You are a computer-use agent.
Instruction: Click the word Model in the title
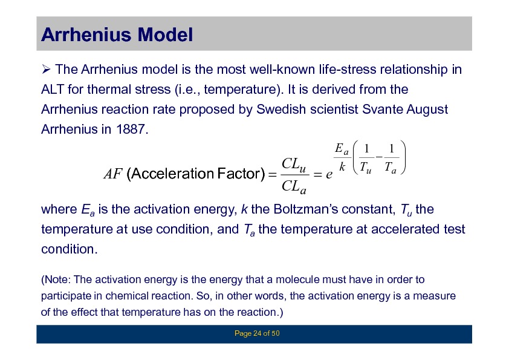pos(165,34)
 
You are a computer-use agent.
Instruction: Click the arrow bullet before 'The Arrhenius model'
pos(46,69)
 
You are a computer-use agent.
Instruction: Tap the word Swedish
pos(281,109)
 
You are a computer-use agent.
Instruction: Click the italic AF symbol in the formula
pos(113,174)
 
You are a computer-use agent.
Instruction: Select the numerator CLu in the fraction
pos(294,164)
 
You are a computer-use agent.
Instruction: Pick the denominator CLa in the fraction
pos(294,187)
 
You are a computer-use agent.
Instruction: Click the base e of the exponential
pos(329,175)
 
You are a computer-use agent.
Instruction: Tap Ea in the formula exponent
pos(342,149)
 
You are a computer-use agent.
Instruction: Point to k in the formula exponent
pos(342,166)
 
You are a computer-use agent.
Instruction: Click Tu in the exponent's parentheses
pos(366,168)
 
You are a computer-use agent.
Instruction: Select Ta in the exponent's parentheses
pos(391,168)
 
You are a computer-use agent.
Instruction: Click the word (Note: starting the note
pos(56,280)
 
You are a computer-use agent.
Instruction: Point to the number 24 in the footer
pos(257,333)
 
